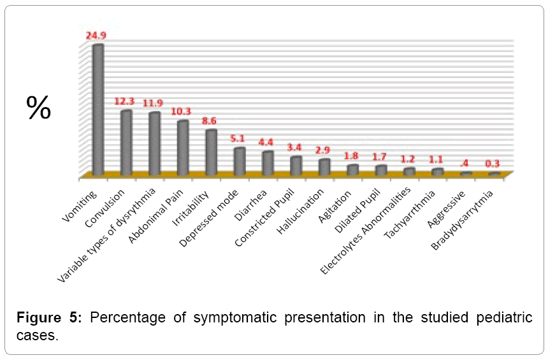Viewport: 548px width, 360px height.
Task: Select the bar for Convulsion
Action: tap(126, 143)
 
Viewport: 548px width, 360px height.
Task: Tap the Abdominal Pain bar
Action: tap(183, 148)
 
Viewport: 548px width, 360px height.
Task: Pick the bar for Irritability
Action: tap(211, 152)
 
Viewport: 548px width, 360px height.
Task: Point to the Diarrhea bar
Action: tap(268, 163)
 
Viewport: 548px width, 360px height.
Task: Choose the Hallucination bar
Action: tap(324, 167)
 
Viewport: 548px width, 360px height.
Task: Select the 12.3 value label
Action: tap(125, 101)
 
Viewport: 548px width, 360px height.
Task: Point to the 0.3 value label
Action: tap(493, 163)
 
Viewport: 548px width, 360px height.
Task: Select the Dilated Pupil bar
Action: tap(381, 169)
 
